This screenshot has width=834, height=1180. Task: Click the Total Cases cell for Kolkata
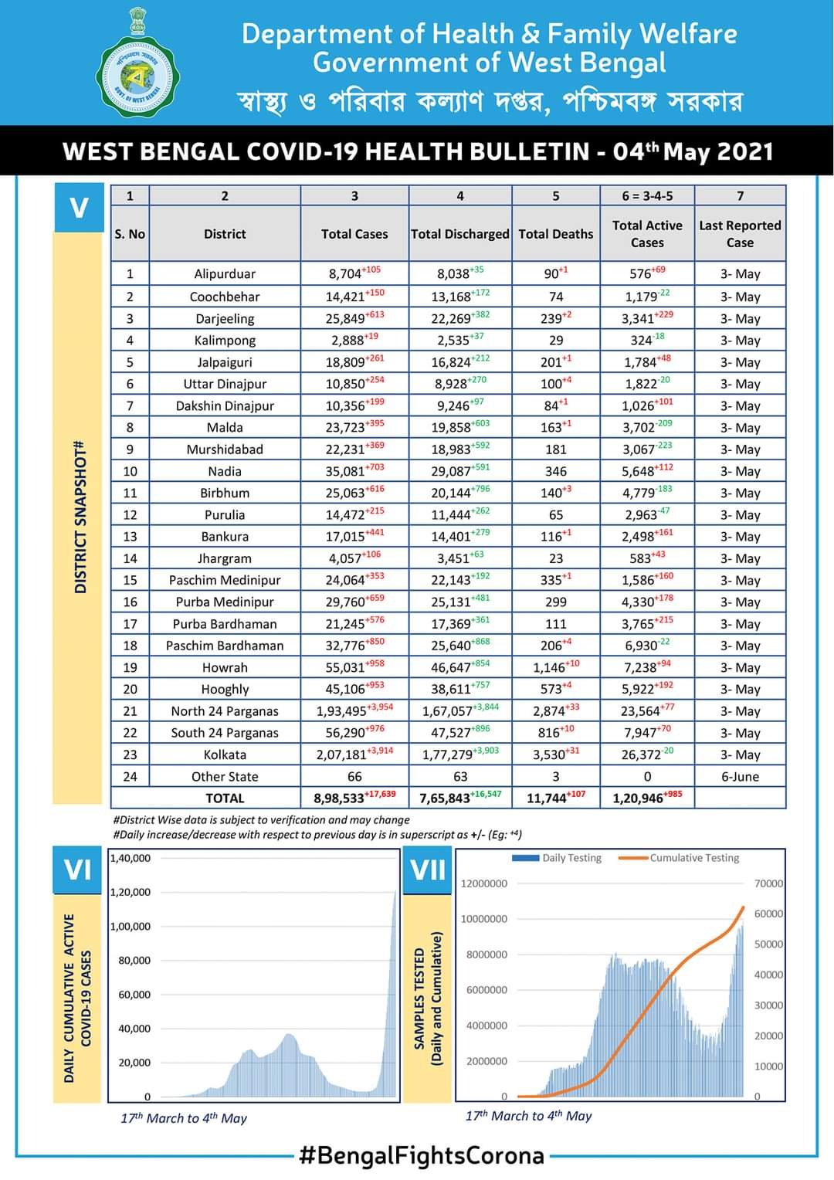[354, 754]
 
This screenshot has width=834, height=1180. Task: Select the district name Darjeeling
[225, 318]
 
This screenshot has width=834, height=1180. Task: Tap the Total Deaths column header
[555, 234]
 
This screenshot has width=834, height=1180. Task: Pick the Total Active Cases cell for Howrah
[647, 667]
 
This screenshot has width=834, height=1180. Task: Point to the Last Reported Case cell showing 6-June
[740, 776]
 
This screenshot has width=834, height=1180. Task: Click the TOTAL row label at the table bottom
[225, 798]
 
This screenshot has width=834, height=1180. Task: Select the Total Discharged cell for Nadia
[460, 471]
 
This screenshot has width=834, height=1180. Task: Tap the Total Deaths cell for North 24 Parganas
[555, 711]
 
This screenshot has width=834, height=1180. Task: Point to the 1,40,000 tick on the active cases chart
[131, 858]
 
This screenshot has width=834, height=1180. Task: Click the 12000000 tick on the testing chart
[484, 883]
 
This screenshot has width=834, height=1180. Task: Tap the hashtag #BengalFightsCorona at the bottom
[422, 1156]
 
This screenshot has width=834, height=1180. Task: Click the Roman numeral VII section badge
[428, 870]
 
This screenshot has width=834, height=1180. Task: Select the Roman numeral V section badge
[79, 208]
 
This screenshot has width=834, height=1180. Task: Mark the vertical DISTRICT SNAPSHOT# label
[80, 517]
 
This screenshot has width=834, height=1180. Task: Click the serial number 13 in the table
[130, 537]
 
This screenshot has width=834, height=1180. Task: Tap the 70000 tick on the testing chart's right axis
[768, 883]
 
